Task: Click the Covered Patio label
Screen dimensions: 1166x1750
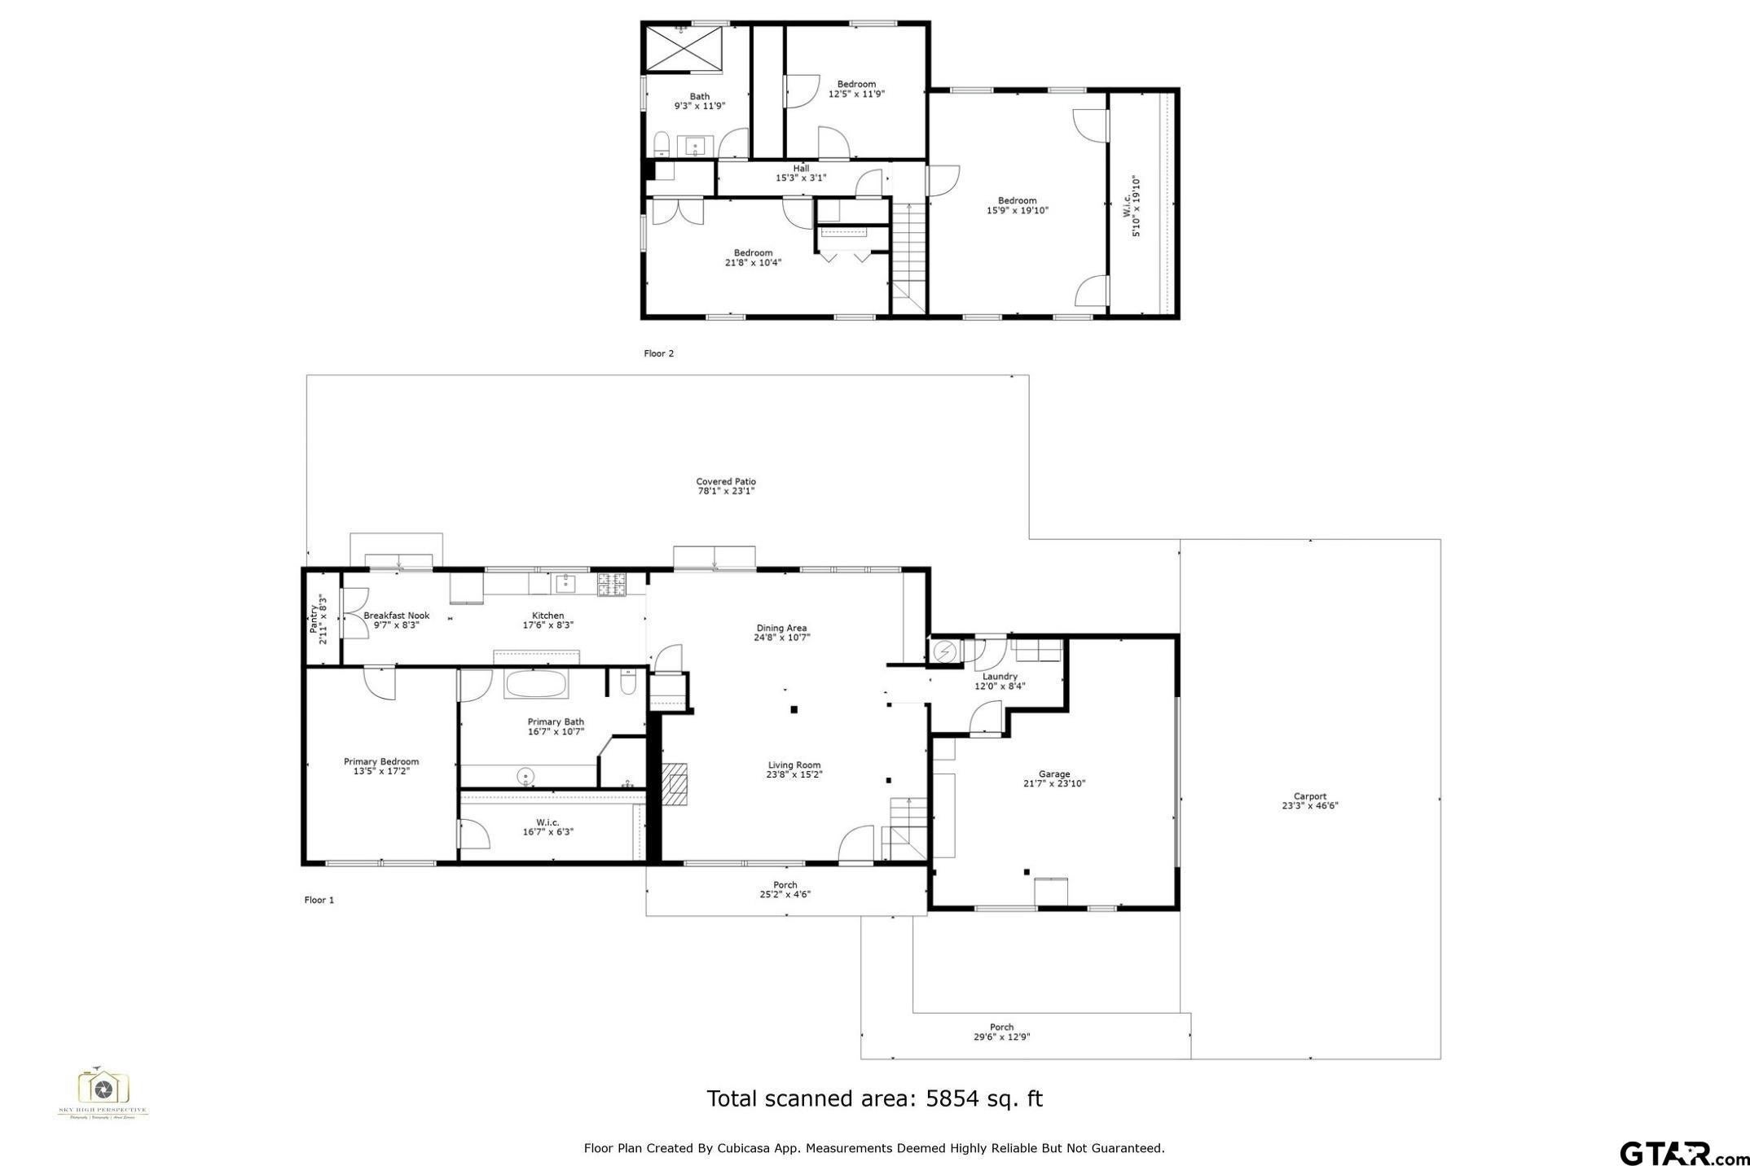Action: (x=725, y=482)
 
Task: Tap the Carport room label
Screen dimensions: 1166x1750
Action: (x=1309, y=797)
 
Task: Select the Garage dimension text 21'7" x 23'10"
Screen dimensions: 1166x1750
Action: (x=1054, y=784)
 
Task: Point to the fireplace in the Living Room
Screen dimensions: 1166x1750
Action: (x=675, y=783)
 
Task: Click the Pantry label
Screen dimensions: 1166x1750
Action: (x=314, y=619)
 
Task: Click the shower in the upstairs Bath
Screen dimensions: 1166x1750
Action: (x=683, y=50)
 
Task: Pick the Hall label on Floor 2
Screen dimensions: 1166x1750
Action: (x=801, y=169)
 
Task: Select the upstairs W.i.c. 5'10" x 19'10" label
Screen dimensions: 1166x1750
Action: (x=1132, y=207)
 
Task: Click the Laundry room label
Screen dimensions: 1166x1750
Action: (x=1000, y=677)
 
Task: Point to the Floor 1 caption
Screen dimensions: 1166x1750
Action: (x=319, y=900)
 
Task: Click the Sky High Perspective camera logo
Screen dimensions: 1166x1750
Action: (x=103, y=1088)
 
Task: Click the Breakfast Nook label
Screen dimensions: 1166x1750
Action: (x=396, y=616)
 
